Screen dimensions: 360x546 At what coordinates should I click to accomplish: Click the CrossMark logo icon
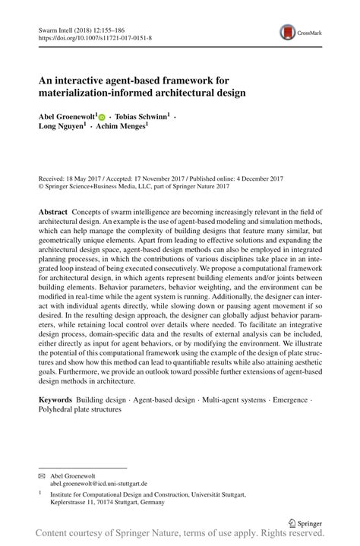[x=288, y=32]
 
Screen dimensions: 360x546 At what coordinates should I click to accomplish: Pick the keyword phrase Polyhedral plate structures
[x=80, y=410]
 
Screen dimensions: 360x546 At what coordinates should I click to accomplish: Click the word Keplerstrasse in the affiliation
[x=71, y=502]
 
